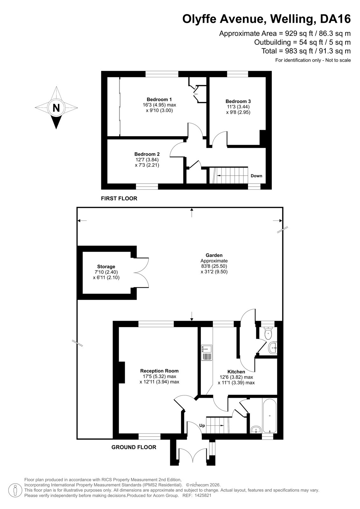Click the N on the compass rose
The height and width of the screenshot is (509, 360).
pyautogui.click(x=56, y=108)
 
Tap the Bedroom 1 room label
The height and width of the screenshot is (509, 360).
pyautogui.click(x=159, y=99)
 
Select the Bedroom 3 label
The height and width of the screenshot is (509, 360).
pyautogui.click(x=238, y=101)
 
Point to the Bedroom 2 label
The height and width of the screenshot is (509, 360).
pyautogui.click(x=147, y=154)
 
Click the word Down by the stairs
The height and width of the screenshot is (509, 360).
pyautogui.click(x=256, y=176)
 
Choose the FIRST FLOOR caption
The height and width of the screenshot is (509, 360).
pyautogui.click(x=119, y=199)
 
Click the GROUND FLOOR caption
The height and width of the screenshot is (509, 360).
pyautogui.click(x=134, y=447)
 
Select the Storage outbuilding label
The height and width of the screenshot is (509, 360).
pyautogui.click(x=106, y=267)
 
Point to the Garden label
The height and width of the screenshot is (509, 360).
pyautogui.click(x=214, y=255)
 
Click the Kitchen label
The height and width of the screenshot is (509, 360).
pyautogui.click(x=236, y=372)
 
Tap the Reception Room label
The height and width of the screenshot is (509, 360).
pyautogui.click(x=159, y=371)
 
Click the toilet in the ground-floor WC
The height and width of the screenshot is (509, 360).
pyautogui.click(x=268, y=333)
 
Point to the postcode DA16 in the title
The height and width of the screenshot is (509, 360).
pyautogui.click(x=335, y=19)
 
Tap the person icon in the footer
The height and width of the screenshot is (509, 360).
pyautogui.click(x=15, y=490)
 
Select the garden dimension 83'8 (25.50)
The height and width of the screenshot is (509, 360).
pyautogui.click(x=214, y=266)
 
